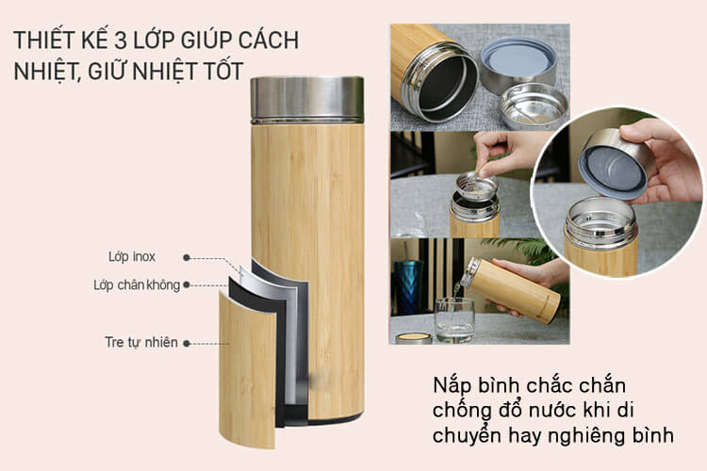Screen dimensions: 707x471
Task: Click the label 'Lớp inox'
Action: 132,256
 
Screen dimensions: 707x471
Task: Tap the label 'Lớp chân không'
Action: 137,284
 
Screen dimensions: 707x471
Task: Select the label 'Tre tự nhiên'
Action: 141,342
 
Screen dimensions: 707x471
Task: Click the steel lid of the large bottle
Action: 307,100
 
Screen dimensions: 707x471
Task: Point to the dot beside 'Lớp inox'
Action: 187,258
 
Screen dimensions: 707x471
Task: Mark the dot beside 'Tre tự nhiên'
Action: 187,344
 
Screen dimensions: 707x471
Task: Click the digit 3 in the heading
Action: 120,41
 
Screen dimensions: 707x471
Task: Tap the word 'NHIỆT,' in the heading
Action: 47,72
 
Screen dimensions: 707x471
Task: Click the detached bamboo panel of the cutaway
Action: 247,369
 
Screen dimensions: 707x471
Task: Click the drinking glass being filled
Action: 454,319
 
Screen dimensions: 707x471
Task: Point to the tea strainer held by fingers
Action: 477,186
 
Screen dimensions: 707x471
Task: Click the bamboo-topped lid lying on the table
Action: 414,338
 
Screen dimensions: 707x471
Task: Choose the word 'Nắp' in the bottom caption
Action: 452,386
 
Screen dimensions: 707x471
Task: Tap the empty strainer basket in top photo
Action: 534,105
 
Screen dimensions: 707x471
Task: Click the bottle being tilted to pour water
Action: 510,290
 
